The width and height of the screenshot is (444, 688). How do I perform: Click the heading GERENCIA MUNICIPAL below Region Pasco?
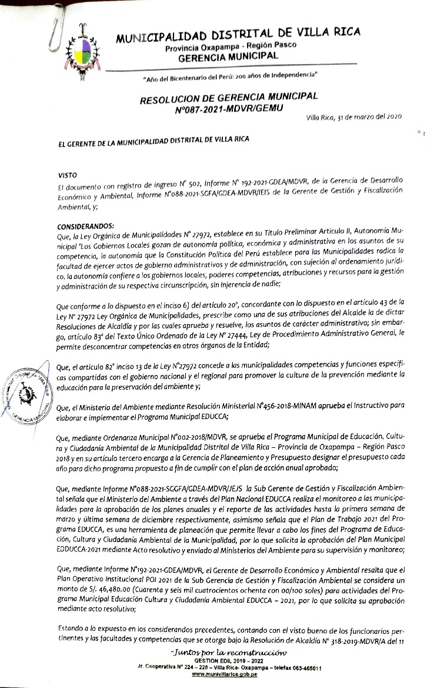tap(228, 56)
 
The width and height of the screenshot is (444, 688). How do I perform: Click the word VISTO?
tap(67, 175)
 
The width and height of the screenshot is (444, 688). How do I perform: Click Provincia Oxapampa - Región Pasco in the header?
tap(231, 46)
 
